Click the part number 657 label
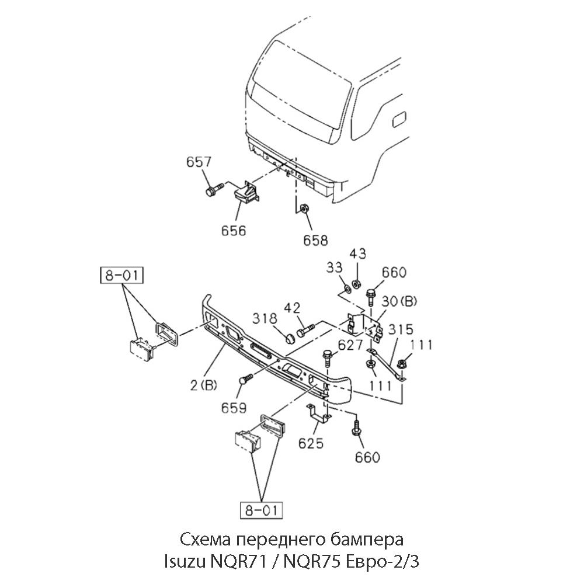click(x=199, y=162)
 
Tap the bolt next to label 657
click(x=214, y=190)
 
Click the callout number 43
click(x=358, y=255)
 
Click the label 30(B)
click(x=400, y=302)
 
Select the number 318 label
click(x=265, y=318)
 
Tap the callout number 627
click(x=350, y=345)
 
